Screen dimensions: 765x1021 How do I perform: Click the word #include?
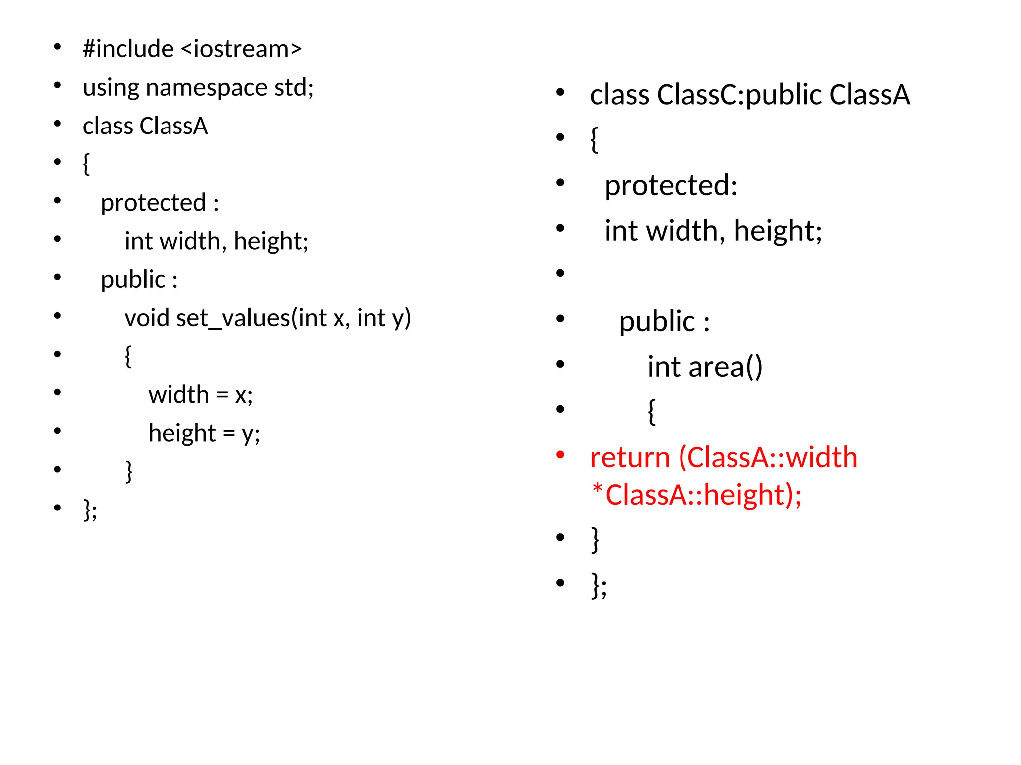tap(128, 49)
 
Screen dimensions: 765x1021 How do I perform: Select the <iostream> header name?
tap(241, 49)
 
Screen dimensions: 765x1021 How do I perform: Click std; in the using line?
tap(294, 87)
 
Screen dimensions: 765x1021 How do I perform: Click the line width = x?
tap(200, 395)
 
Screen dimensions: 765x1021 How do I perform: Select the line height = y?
tap(204, 433)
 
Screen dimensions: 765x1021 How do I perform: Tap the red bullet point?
tap(560, 454)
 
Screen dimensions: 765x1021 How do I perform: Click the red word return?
tap(630, 457)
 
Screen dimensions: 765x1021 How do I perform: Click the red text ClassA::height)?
tap(703, 495)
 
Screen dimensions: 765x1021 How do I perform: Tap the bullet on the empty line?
tap(560, 273)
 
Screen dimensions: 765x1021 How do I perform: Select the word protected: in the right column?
tap(671, 186)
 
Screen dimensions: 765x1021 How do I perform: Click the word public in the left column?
tap(133, 280)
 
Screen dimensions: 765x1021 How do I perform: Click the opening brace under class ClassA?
tap(86, 164)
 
